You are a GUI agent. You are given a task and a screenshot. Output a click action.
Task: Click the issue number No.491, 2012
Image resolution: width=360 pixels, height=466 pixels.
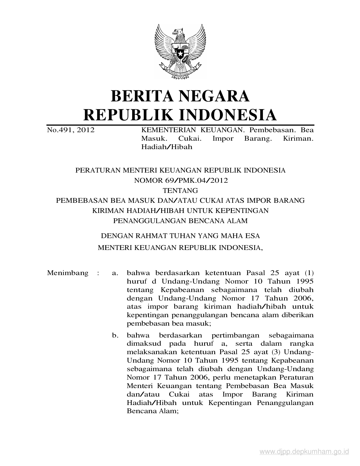71,130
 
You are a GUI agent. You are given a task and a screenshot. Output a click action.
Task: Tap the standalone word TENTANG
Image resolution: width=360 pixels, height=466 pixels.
180,190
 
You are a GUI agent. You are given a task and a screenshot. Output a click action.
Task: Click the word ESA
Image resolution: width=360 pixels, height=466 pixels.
252,236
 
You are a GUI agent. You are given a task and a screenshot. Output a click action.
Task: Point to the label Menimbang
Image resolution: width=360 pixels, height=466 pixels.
68,273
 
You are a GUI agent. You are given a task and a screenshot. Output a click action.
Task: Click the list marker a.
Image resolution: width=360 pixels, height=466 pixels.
115,273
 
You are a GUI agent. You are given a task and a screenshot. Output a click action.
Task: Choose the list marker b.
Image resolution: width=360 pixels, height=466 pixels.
115,336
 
